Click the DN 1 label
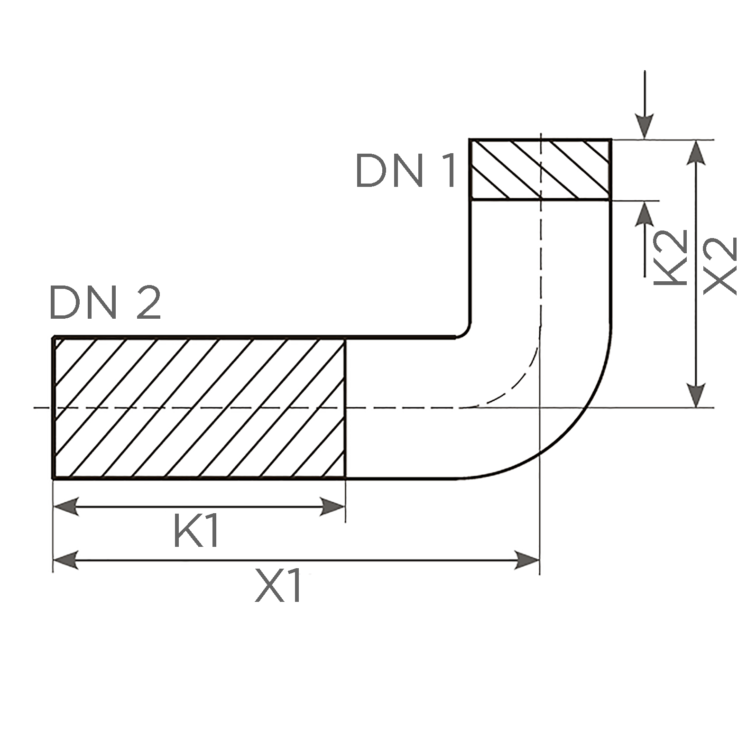pyautogui.click(x=406, y=171)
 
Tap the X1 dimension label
pyautogui.click(x=278, y=587)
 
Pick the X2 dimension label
pyautogui.click(x=719, y=266)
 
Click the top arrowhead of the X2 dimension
pyautogui.click(x=696, y=153)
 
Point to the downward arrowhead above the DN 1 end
pyautogui.click(x=645, y=127)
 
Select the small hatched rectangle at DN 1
pyautogui.click(x=539, y=169)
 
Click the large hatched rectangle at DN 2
pyautogui.click(x=199, y=408)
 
